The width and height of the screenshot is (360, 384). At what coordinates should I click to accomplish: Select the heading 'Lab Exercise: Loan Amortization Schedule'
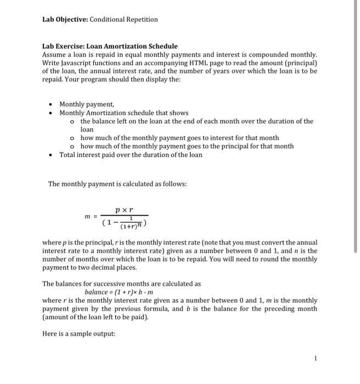click(110, 47)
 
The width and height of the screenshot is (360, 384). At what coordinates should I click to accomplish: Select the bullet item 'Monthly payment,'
click(87, 104)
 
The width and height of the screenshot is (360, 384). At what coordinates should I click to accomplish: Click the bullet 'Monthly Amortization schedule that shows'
click(123, 112)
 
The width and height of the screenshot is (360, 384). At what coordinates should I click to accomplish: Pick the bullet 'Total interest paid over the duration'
click(131, 155)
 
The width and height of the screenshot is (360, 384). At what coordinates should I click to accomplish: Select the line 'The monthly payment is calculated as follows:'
click(117, 183)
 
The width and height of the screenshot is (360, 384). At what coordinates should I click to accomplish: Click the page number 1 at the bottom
click(316, 359)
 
